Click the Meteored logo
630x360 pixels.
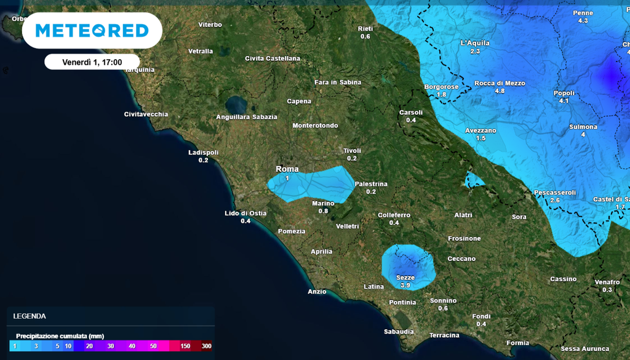click(92, 31)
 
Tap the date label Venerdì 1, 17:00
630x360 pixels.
click(92, 62)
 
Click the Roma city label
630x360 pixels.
click(287, 169)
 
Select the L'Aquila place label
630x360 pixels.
click(474, 43)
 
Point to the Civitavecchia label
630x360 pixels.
click(146, 114)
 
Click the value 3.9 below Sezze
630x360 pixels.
click(405, 286)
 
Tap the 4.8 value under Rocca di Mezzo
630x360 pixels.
click(500, 91)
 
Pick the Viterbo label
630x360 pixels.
click(210, 25)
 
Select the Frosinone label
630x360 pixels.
click(465, 238)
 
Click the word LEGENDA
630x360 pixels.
click(30, 316)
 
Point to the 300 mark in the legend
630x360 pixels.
click(206, 346)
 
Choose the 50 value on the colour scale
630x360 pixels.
click(153, 346)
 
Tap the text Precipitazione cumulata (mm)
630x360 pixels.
click(60, 336)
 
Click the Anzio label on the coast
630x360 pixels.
click(317, 292)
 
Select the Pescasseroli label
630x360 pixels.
click(554, 193)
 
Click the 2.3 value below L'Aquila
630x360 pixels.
click(474, 52)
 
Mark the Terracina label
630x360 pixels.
click(444, 335)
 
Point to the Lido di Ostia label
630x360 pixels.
click(245, 214)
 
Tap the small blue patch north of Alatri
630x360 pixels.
click(473, 180)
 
